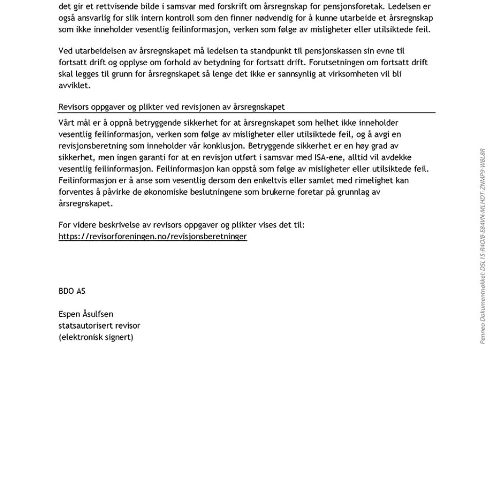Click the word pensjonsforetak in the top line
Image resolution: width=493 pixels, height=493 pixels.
pos(350,7)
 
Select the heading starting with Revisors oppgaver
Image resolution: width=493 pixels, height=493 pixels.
pos(172,107)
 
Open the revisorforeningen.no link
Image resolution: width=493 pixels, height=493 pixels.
pos(153,236)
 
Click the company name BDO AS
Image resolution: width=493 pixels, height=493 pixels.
pos(72,291)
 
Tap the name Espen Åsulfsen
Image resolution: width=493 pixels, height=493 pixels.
pos(86,314)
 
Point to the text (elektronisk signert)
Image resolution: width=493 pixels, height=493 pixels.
pos(96,337)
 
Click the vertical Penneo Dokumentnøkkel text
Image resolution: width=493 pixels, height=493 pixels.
pos(483,246)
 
